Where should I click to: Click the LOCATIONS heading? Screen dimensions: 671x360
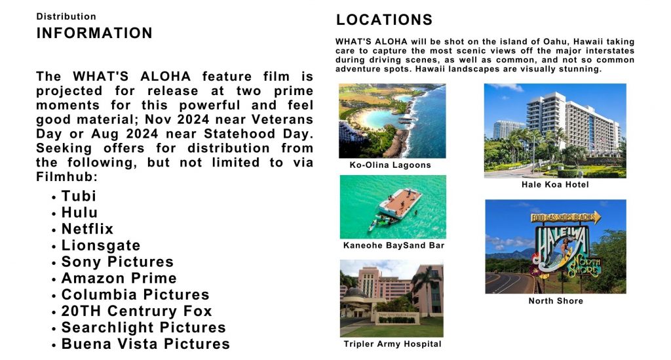click(x=384, y=20)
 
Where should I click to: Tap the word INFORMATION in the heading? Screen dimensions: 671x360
click(x=94, y=33)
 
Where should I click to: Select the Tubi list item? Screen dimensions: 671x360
click(x=79, y=196)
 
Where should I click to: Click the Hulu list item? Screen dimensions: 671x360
click(x=79, y=212)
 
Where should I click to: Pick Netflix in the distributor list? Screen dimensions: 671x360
click(x=87, y=229)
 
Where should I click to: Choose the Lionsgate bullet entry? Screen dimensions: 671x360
click(x=101, y=245)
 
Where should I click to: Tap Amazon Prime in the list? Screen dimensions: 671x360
click(x=119, y=278)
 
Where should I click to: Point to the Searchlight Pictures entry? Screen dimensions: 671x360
click(x=144, y=327)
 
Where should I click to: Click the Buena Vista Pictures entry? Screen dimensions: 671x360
click(x=145, y=344)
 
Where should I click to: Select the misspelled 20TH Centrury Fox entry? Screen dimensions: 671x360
click(x=136, y=311)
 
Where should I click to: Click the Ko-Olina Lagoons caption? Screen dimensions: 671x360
click(x=391, y=165)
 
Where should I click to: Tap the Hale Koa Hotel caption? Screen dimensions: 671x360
click(x=555, y=184)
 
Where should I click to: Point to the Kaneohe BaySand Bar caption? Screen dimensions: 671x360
click(x=394, y=245)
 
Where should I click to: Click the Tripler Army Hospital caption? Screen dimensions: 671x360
click(x=393, y=344)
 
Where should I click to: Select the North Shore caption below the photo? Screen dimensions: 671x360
click(x=556, y=301)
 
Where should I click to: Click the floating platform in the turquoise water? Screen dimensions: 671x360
click(x=399, y=203)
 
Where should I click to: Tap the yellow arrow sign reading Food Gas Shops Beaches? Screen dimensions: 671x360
click(x=566, y=218)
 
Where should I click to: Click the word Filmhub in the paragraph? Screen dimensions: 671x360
click(x=64, y=177)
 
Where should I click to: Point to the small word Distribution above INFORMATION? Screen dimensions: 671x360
click(x=66, y=16)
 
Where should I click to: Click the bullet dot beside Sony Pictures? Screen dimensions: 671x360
click(x=54, y=263)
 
